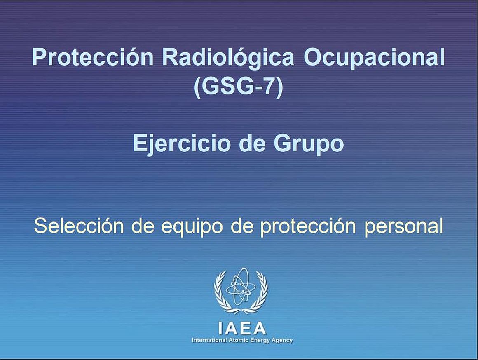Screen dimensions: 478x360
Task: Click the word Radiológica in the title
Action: [228, 57]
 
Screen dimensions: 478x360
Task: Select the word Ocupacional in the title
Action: [374, 57]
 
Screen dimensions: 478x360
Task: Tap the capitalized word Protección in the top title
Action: [93, 57]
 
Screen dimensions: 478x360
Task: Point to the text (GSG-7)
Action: [239, 87]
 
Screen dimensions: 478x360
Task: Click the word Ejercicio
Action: [181, 144]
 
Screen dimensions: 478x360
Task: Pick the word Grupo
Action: [309, 144]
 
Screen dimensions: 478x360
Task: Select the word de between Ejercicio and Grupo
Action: [251, 144]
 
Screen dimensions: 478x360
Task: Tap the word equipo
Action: [192, 227]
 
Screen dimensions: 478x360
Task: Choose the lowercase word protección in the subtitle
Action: [308, 227]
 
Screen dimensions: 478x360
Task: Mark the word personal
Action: [403, 227]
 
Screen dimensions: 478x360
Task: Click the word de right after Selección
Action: [143, 226]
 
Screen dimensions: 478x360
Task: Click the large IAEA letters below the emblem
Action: [242, 328]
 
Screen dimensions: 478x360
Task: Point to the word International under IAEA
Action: [209, 340]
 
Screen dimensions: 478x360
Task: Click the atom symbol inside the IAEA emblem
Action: [241, 287]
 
